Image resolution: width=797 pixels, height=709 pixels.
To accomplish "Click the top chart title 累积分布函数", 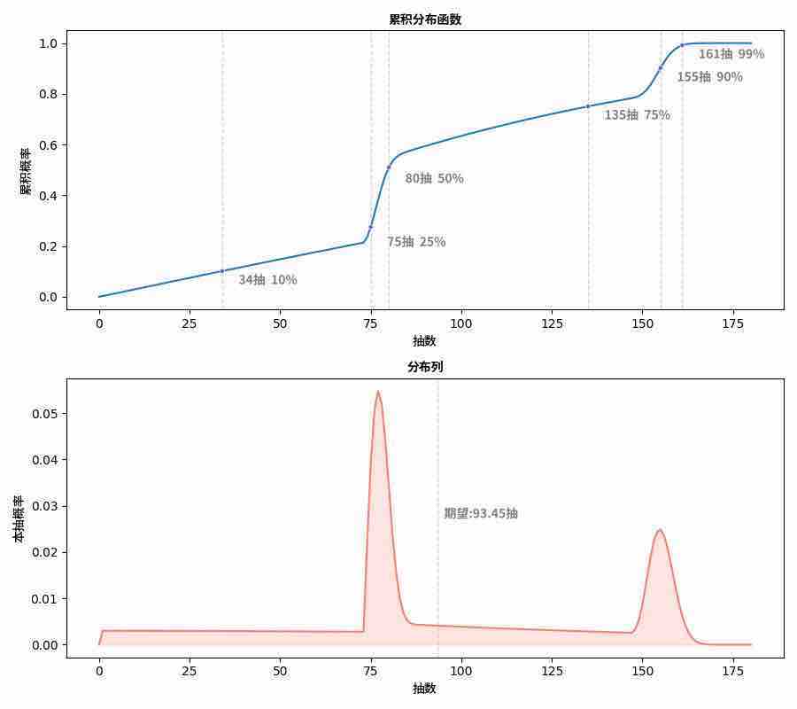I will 425,19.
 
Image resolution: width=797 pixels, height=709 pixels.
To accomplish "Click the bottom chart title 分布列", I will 425,367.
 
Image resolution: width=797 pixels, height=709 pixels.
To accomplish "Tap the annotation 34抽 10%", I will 267,280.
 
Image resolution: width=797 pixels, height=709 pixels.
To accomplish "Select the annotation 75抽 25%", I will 416,242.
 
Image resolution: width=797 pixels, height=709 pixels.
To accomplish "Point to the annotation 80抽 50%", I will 434,179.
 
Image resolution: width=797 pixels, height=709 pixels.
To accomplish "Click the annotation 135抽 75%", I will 637,115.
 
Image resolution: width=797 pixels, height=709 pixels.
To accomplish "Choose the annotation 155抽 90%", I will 709,77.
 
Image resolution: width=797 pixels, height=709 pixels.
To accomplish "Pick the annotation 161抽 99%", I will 731,54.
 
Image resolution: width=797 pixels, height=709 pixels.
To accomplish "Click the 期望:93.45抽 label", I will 480,513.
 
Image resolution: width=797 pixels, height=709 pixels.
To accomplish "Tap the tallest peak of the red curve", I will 378,391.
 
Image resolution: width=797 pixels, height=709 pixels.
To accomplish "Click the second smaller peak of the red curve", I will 660,530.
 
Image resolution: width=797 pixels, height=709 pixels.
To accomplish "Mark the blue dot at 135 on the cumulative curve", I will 588,106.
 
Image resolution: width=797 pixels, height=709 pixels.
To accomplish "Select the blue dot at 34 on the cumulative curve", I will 222,271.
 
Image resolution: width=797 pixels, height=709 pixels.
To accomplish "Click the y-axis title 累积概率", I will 26,170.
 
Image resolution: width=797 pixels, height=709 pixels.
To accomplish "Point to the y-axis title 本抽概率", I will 19,518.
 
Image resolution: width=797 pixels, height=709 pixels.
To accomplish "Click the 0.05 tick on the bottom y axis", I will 45,414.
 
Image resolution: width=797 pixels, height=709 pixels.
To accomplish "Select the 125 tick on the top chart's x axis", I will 552,324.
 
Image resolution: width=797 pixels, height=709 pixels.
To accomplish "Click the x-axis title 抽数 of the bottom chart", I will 424,689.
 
